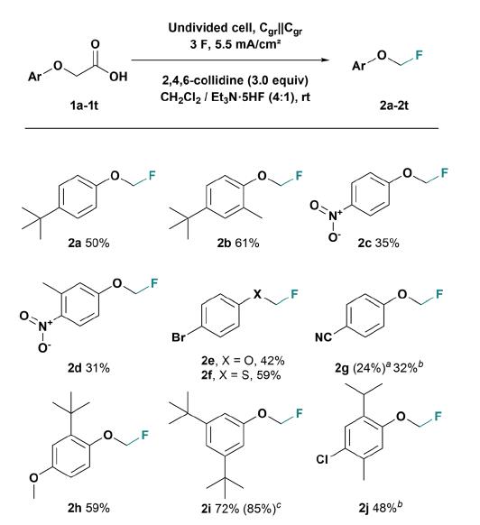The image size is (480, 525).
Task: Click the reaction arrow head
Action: [x=325, y=60]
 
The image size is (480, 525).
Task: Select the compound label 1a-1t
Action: [x=84, y=106]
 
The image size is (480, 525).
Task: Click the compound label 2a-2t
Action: [x=394, y=106]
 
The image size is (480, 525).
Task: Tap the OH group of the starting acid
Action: [x=118, y=77]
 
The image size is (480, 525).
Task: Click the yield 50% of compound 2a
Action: [x=97, y=243]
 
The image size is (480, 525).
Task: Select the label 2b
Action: [x=224, y=243]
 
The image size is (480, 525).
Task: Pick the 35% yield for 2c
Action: [x=387, y=243]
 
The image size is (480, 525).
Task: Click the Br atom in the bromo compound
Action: [x=179, y=336]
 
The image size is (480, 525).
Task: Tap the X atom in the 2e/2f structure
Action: [x=257, y=294]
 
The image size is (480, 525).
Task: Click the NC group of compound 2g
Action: [x=323, y=336]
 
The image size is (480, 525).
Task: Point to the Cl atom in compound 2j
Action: [x=322, y=459]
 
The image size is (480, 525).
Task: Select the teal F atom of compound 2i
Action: [x=299, y=414]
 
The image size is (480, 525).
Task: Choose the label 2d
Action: [x=75, y=368]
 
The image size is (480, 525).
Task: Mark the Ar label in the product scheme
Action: [x=358, y=66]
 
